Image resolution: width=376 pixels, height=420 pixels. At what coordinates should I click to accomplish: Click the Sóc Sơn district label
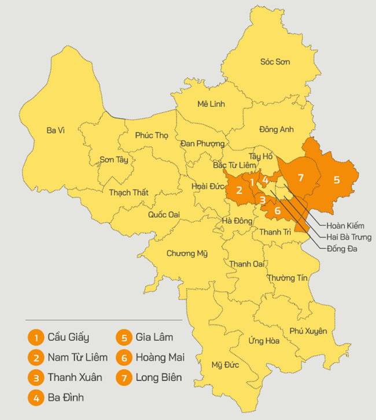point(275,62)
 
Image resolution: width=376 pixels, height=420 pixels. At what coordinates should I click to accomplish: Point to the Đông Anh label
point(277,129)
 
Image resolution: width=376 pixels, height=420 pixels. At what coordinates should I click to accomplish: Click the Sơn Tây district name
point(114,159)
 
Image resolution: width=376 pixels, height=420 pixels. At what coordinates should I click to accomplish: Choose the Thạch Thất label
point(128,192)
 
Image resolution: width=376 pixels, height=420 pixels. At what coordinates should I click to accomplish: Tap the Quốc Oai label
point(163,214)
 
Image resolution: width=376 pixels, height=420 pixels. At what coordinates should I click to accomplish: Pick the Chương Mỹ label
point(186,254)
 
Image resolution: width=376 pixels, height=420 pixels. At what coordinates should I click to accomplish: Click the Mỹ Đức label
point(224,365)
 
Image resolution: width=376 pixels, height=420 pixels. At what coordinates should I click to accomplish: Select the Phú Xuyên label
point(308,331)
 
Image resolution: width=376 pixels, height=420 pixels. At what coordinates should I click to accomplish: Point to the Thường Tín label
point(287,278)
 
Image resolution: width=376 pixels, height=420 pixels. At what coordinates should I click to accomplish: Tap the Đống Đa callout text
point(342,249)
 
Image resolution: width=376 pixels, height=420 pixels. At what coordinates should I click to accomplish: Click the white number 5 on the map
point(337,180)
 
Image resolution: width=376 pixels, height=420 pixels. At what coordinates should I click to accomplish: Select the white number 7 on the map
point(300,177)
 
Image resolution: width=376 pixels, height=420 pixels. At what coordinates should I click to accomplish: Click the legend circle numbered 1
point(36,337)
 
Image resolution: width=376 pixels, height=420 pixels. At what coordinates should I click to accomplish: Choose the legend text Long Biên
point(159,378)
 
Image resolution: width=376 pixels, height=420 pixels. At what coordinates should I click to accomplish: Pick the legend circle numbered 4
point(36,398)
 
